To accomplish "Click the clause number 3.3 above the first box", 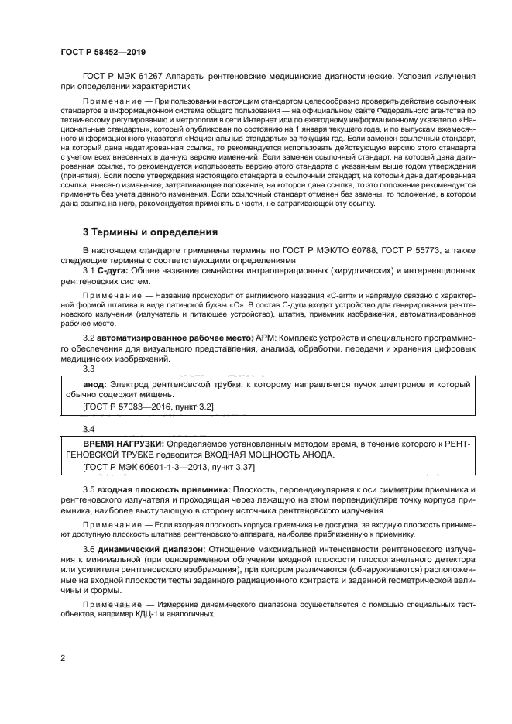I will click(89, 369).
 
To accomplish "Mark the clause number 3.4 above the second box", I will click(89, 428).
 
